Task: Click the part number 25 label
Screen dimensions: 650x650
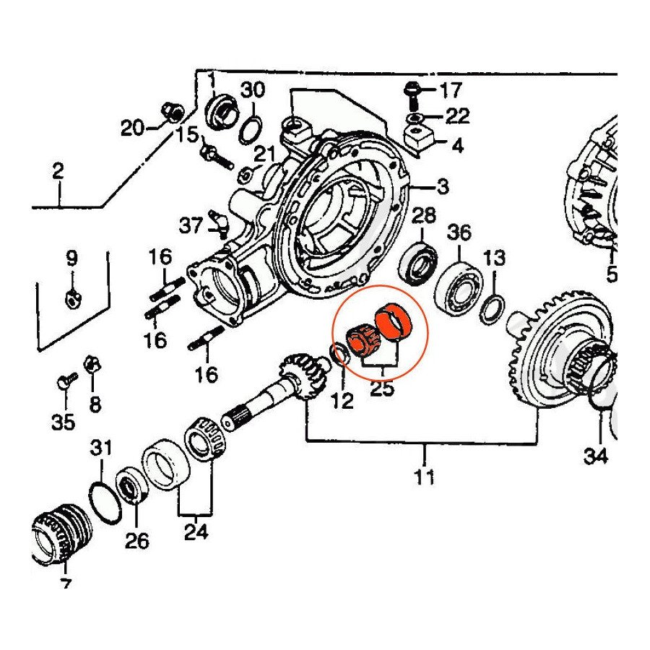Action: pyautogui.click(x=382, y=390)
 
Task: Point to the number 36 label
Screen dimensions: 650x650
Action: pyautogui.click(x=459, y=233)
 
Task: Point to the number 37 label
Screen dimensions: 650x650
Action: pyautogui.click(x=191, y=226)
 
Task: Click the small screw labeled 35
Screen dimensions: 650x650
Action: pyautogui.click(x=66, y=381)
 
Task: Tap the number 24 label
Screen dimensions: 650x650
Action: pyautogui.click(x=196, y=532)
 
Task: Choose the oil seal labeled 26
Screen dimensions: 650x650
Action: pyautogui.click(x=134, y=485)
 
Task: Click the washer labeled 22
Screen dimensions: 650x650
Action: pyautogui.click(x=413, y=119)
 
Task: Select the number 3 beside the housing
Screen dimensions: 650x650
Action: pyautogui.click(x=442, y=186)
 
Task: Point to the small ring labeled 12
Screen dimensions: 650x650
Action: pyautogui.click(x=339, y=354)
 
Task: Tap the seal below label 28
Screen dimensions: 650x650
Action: pyautogui.click(x=417, y=264)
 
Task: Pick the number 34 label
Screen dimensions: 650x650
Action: pyautogui.click(x=596, y=457)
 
